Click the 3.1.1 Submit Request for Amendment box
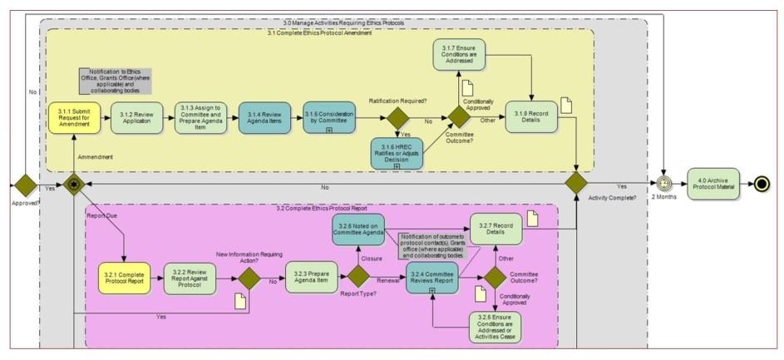click(x=73, y=118)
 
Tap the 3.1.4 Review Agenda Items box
click(x=264, y=118)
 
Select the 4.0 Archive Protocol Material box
click(x=713, y=183)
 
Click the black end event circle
click(x=760, y=183)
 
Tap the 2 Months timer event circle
click(x=664, y=183)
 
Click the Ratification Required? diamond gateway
click(x=398, y=117)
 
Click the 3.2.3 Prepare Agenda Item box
click(x=311, y=278)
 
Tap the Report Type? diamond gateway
click(x=358, y=278)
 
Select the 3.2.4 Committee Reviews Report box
click(x=431, y=278)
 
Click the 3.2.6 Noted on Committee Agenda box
click(x=359, y=230)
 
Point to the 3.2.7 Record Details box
click(x=496, y=230)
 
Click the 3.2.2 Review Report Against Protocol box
click(x=190, y=278)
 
